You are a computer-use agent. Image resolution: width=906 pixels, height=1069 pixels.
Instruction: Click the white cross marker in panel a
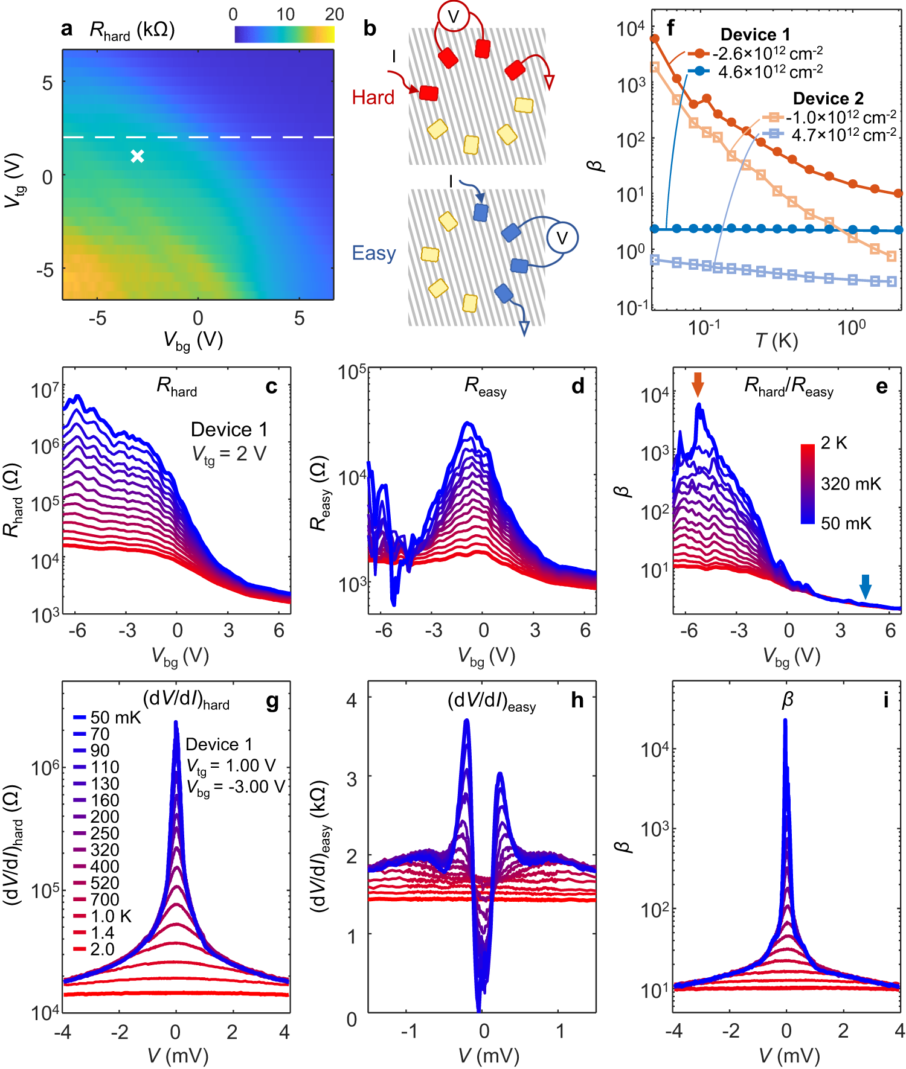(x=138, y=156)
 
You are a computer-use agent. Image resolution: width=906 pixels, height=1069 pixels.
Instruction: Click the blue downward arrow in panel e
(x=866, y=586)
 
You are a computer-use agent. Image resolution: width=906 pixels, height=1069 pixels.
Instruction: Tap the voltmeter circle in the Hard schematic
(x=454, y=17)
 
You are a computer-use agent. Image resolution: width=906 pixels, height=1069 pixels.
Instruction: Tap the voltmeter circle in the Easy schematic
(x=562, y=238)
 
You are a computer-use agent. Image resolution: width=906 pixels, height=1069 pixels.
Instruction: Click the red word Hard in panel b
(x=373, y=97)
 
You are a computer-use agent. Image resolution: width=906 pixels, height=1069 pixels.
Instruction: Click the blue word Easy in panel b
(x=374, y=253)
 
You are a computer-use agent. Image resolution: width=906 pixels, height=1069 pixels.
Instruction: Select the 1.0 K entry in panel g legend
(x=111, y=916)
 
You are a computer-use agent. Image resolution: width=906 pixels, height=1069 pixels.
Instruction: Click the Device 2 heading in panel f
(x=828, y=98)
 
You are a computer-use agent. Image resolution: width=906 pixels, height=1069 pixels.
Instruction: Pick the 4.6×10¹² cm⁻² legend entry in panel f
(x=769, y=72)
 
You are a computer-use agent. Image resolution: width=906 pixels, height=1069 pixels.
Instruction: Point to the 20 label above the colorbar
(x=334, y=14)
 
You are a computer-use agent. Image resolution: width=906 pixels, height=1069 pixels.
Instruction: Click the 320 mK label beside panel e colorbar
(x=850, y=484)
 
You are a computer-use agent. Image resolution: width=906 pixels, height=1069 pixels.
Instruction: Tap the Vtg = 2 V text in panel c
(x=229, y=455)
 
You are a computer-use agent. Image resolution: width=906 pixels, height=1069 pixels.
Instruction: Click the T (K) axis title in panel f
(x=776, y=341)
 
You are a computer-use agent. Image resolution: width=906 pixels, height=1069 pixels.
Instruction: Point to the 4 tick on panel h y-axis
(x=352, y=701)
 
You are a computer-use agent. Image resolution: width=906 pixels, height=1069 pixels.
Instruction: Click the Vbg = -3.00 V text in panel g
(x=236, y=787)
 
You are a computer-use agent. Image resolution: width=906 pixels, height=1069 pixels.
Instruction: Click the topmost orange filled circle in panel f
(x=654, y=39)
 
